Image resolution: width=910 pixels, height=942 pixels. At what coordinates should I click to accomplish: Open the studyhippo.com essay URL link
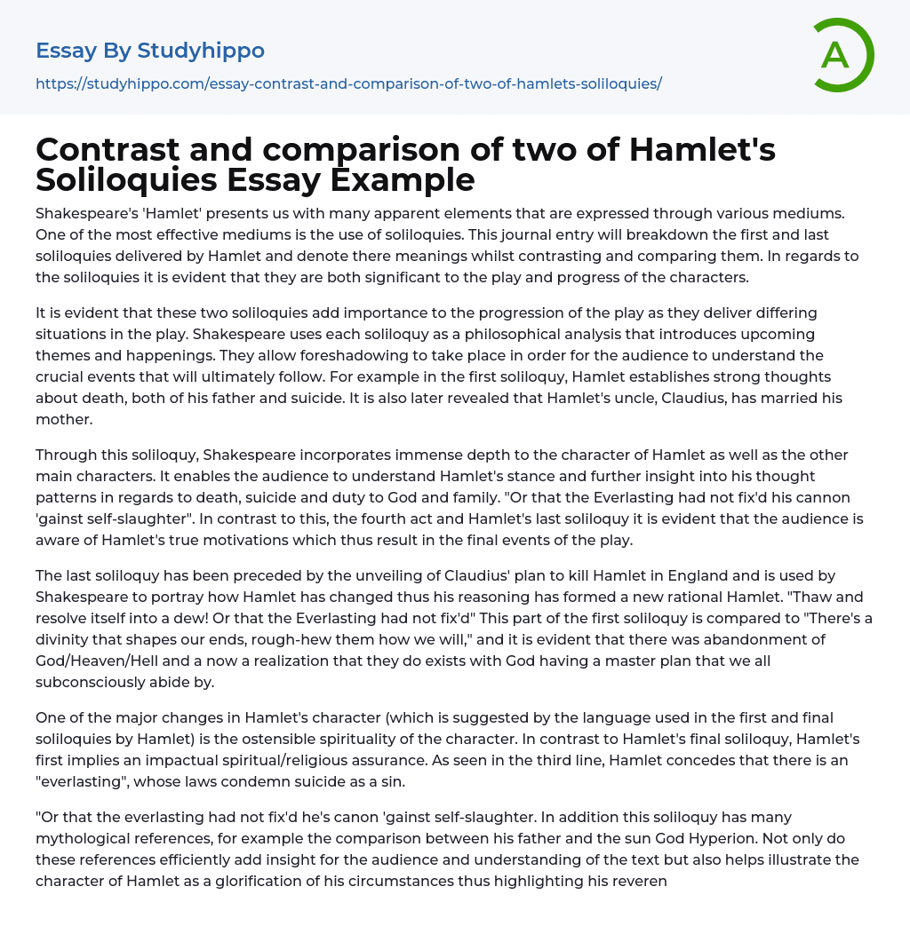(x=348, y=83)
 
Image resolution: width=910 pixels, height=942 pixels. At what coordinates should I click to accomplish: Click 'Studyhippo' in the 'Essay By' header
(x=201, y=51)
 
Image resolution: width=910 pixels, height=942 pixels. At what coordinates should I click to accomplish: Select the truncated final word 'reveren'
(x=638, y=880)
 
